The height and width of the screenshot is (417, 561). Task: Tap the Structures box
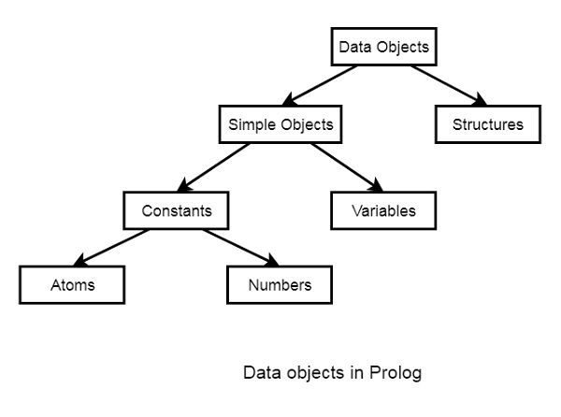point(487,123)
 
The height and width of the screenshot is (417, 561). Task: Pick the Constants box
point(177,210)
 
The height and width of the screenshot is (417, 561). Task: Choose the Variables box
point(383,210)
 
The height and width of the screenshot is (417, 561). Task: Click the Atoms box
point(72,284)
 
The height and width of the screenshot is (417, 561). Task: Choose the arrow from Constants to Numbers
point(237,247)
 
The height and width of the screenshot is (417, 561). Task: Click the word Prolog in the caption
point(398,373)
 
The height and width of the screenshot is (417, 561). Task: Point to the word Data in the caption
point(262,373)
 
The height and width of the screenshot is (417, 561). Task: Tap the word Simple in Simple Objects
point(251,123)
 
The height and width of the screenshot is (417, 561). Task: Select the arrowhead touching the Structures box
point(481,101)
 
